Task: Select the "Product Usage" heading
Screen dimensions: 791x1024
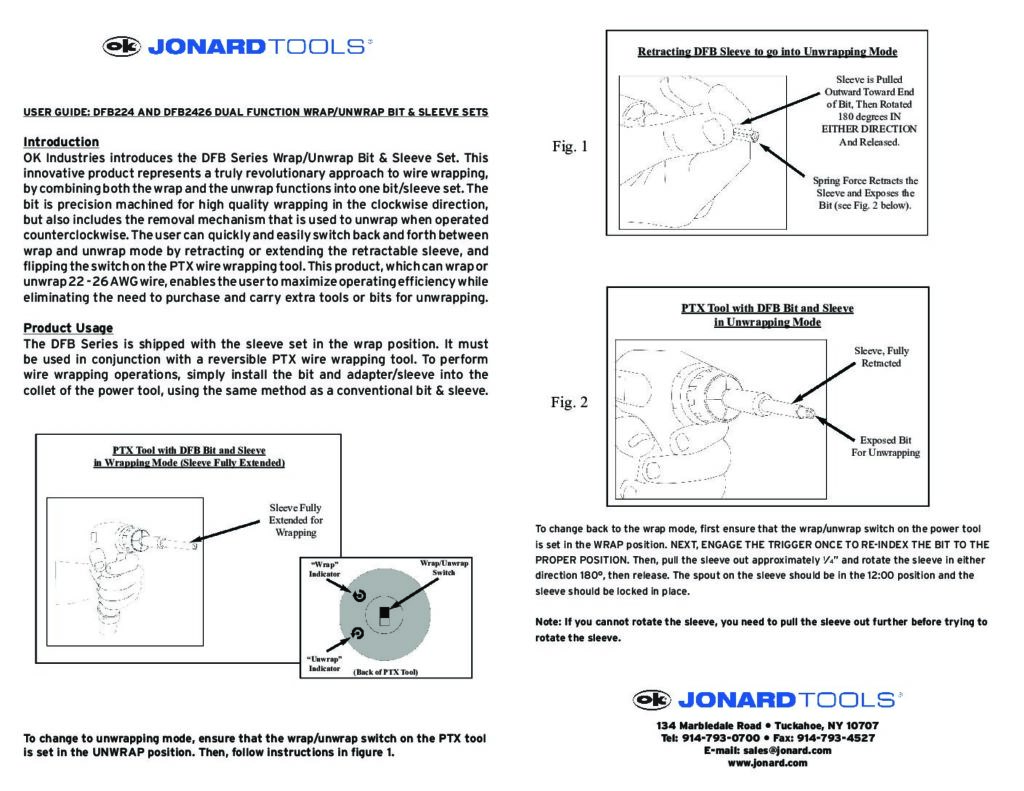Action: (68, 328)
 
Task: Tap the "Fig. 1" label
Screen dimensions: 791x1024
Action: (570, 147)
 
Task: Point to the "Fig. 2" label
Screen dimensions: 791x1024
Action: (570, 403)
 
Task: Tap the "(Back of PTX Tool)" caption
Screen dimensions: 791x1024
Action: (385, 672)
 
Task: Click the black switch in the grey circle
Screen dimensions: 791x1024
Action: (382, 611)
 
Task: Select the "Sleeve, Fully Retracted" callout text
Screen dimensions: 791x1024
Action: (881, 357)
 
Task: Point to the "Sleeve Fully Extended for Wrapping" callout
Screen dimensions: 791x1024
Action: (296, 520)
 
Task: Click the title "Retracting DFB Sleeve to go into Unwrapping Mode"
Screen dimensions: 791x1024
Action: (767, 51)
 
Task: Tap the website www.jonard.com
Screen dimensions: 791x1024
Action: (767, 763)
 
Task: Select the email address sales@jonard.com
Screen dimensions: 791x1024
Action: (767, 750)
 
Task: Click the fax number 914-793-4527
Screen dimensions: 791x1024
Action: (834, 738)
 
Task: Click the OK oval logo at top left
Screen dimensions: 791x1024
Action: (123, 46)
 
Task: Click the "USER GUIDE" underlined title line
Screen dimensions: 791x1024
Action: (256, 112)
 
